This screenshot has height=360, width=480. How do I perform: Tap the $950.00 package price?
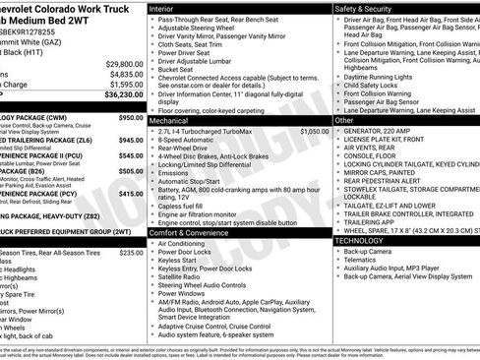click(x=131, y=118)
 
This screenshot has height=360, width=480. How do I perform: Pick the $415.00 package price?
click(x=131, y=195)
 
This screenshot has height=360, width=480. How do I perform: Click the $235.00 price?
click(x=131, y=253)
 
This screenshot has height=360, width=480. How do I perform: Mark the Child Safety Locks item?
click(x=377, y=86)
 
